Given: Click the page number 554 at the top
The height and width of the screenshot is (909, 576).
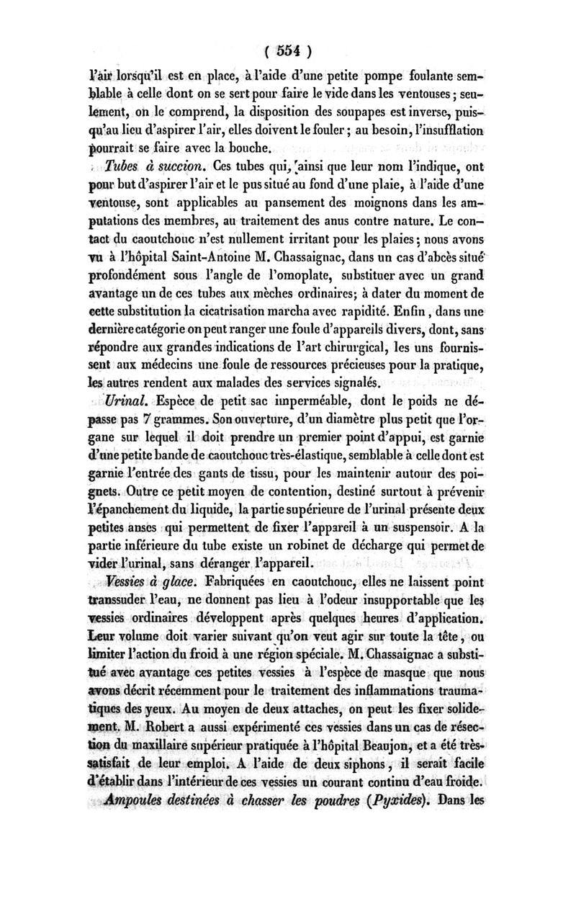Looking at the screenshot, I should pyautogui.click(x=288, y=51).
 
